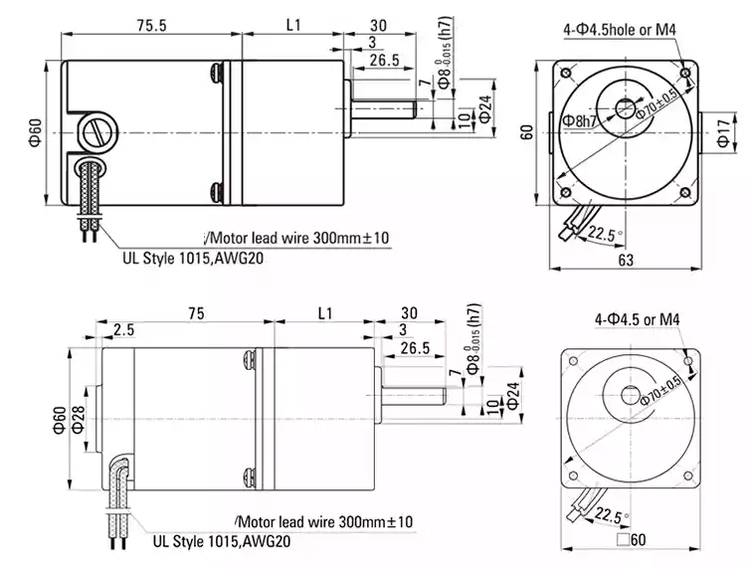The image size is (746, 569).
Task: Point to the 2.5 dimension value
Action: coord(123,330)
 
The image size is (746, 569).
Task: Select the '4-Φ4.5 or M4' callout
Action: coord(637,319)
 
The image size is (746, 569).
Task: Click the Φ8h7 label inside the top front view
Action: coord(581,121)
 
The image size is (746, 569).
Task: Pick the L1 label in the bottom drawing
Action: coord(323,313)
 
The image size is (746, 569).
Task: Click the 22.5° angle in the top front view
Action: coord(600,235)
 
